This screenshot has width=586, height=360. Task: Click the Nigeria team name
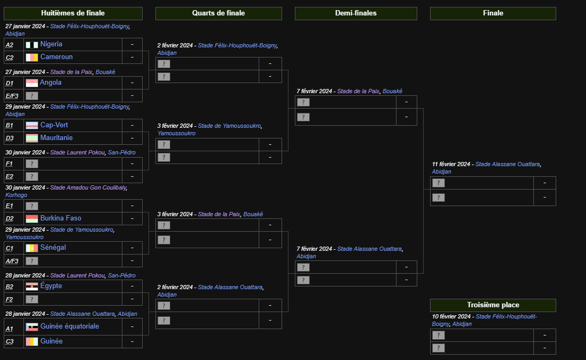coord(51,44)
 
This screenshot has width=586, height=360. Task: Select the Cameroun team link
coord(56,57)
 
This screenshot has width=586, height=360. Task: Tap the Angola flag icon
coord(31,83)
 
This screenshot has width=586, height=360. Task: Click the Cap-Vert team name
coord(54,125)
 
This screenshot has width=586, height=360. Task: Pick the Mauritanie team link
coord(56,138)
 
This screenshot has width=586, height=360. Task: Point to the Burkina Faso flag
coord(31,218)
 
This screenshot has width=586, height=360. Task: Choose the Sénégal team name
coord(53,248)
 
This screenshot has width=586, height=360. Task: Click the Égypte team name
coord(51,286)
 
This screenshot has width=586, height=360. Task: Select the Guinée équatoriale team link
coord(70,326)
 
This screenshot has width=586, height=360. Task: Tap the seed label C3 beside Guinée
coord(10,341)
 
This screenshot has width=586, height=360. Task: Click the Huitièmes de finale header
coord(73,13)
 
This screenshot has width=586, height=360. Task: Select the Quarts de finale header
coord(218,13)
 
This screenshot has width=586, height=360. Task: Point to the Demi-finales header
coord(356,13)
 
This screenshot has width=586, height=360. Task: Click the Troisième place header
coord(493,305)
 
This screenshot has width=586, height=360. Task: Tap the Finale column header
coord(493,13)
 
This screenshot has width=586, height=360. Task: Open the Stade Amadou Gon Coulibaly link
coord(88,187)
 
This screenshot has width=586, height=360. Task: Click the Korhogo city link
coord(16,195)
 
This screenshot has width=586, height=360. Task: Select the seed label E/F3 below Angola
coord(12,96)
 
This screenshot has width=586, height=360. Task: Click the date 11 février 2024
coord(451,164)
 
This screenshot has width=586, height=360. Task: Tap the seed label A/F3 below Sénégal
coord(12,261)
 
